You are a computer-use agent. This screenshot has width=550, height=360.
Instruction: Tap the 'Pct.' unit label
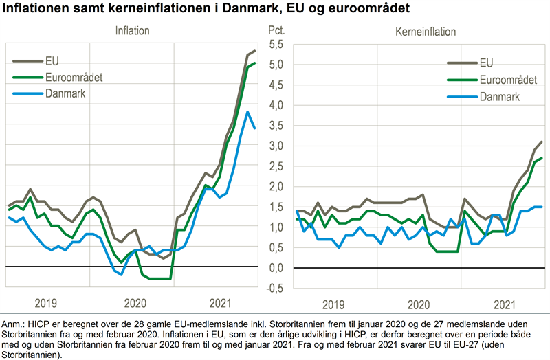[x=275, y=31]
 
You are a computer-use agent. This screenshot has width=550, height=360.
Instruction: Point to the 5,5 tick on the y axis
[x=276, y=45]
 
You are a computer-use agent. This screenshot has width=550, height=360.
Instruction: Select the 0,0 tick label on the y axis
[x=276, y=268]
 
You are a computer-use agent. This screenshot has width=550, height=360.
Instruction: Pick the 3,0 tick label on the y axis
[x=276, y=146]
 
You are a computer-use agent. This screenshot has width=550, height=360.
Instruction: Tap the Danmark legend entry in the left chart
[x=65, y=93]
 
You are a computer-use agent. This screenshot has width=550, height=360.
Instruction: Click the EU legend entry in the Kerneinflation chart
[x=486, y=63]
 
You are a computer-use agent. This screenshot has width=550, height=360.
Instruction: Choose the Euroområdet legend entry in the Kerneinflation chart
[x=508, y=80]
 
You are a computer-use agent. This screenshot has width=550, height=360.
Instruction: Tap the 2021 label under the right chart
[x=505, y=303]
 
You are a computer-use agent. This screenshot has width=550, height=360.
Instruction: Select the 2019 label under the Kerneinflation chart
[x=334, y=303]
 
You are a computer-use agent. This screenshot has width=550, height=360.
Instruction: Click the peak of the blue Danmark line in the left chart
[x=247, y=112]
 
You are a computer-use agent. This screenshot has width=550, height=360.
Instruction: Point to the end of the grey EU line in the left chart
[x=255, y=51]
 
